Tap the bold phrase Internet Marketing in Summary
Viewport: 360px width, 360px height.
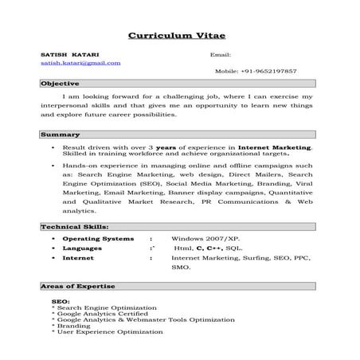tap(282, 147)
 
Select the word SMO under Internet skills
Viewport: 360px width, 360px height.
tap(181, 268)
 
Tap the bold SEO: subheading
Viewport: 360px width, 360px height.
tap(61, 302)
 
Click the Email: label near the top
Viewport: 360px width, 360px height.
tap(221, 54)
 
